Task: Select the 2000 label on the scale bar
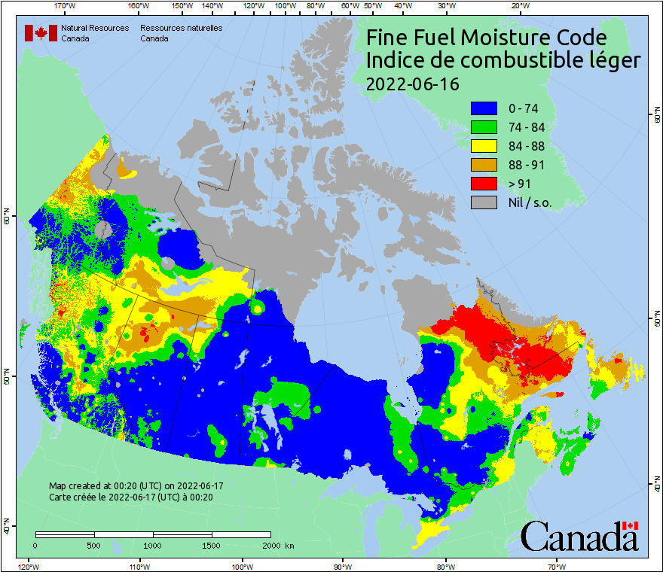(x=270, y=545)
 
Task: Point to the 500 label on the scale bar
(x=94, y=545)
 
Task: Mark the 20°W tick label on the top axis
(x=518, y=6)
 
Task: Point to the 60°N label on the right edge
(x=656, y=115)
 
